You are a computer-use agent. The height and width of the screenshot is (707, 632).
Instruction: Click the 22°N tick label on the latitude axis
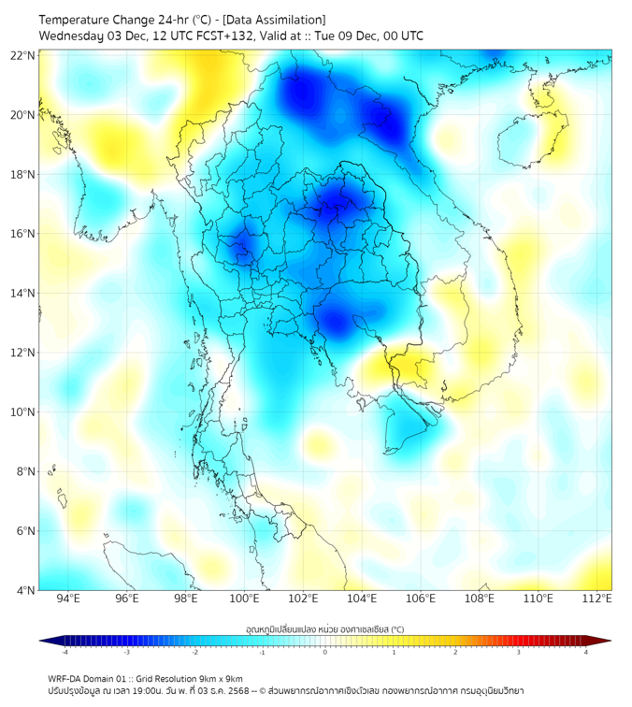(23, 55)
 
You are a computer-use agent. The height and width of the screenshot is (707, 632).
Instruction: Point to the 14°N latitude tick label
(23, 293)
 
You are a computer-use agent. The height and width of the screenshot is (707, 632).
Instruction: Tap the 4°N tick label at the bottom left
(26, 590)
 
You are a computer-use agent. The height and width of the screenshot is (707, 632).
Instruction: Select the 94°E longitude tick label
(67, 599)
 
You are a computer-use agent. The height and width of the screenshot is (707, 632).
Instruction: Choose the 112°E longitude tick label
(596, 599)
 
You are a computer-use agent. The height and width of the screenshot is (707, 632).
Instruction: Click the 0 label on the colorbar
(325, 652)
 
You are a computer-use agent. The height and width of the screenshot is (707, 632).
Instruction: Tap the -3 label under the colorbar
(126, 652)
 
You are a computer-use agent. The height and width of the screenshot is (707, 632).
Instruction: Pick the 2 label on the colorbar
(455, 652)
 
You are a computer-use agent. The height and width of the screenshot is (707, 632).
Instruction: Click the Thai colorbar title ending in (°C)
(324, 628)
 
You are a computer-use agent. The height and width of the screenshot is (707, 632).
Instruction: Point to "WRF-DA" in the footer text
(64, 678)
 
